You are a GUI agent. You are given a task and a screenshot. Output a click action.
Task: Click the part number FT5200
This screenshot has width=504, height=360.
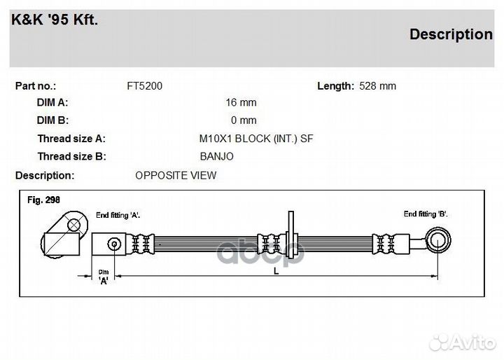(145, 86)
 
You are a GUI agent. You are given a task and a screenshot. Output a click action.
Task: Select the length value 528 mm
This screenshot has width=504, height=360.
(378, 86)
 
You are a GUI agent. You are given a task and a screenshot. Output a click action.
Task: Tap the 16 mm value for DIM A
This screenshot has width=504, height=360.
(241, 102)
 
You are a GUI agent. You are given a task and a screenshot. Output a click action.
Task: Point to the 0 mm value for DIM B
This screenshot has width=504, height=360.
(244, 120)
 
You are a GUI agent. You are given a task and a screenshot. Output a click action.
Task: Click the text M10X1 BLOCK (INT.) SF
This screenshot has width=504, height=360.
(256, 139)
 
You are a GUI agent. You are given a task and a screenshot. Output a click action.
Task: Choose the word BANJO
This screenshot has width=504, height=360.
(216, 156)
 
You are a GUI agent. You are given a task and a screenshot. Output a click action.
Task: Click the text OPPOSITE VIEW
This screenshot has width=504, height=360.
(176, 175)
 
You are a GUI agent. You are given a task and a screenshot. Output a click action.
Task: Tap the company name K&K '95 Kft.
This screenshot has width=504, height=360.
(55, 20)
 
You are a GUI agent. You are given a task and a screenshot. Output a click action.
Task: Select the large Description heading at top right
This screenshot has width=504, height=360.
(451, 34)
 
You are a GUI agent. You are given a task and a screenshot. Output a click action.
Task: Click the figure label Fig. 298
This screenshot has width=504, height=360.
(43, 200)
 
